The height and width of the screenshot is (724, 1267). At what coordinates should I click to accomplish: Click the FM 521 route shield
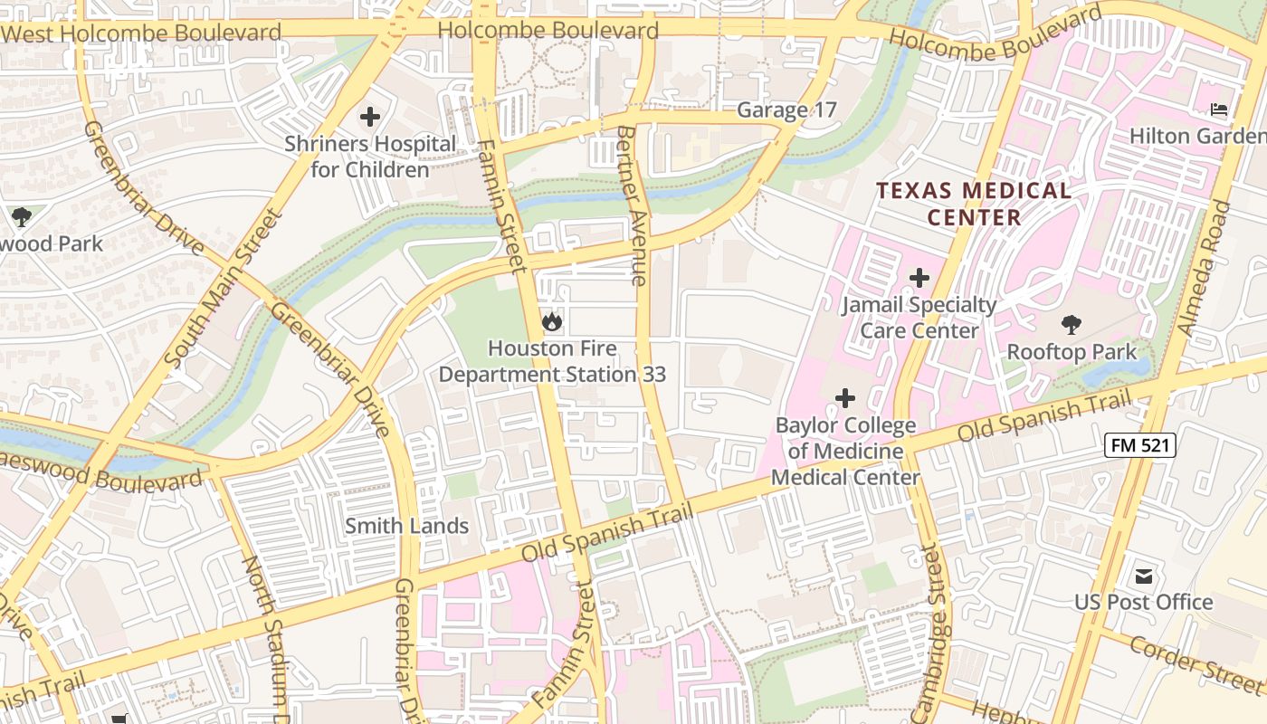coord(1139,444)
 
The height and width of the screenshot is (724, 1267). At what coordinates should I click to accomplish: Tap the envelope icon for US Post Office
coord(1144,576)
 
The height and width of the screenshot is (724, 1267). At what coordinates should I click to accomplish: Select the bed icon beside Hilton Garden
coord(1220,110)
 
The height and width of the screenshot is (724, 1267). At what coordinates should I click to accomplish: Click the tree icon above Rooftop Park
coord(1072,324)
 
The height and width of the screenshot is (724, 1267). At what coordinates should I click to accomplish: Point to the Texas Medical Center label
coord(974,204)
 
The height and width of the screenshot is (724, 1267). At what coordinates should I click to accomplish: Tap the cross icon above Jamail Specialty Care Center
coord(919,278)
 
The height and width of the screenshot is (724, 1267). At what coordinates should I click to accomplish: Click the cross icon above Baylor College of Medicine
coord(844,397)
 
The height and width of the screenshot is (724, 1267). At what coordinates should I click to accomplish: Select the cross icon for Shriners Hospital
coord(369,117)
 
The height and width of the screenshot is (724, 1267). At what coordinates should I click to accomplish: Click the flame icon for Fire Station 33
coord(551,320)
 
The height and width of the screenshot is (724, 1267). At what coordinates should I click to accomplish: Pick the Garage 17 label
coord(786,110)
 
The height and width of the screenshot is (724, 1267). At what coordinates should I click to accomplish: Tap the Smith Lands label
coord(406,526)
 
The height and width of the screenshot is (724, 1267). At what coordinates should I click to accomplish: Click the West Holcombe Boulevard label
coord(141,33)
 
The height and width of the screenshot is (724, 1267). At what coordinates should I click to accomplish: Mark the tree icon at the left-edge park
coord(21,217)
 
